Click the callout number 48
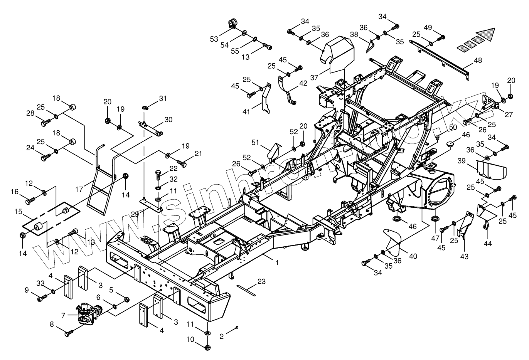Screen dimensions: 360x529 (x=478, y=60)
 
